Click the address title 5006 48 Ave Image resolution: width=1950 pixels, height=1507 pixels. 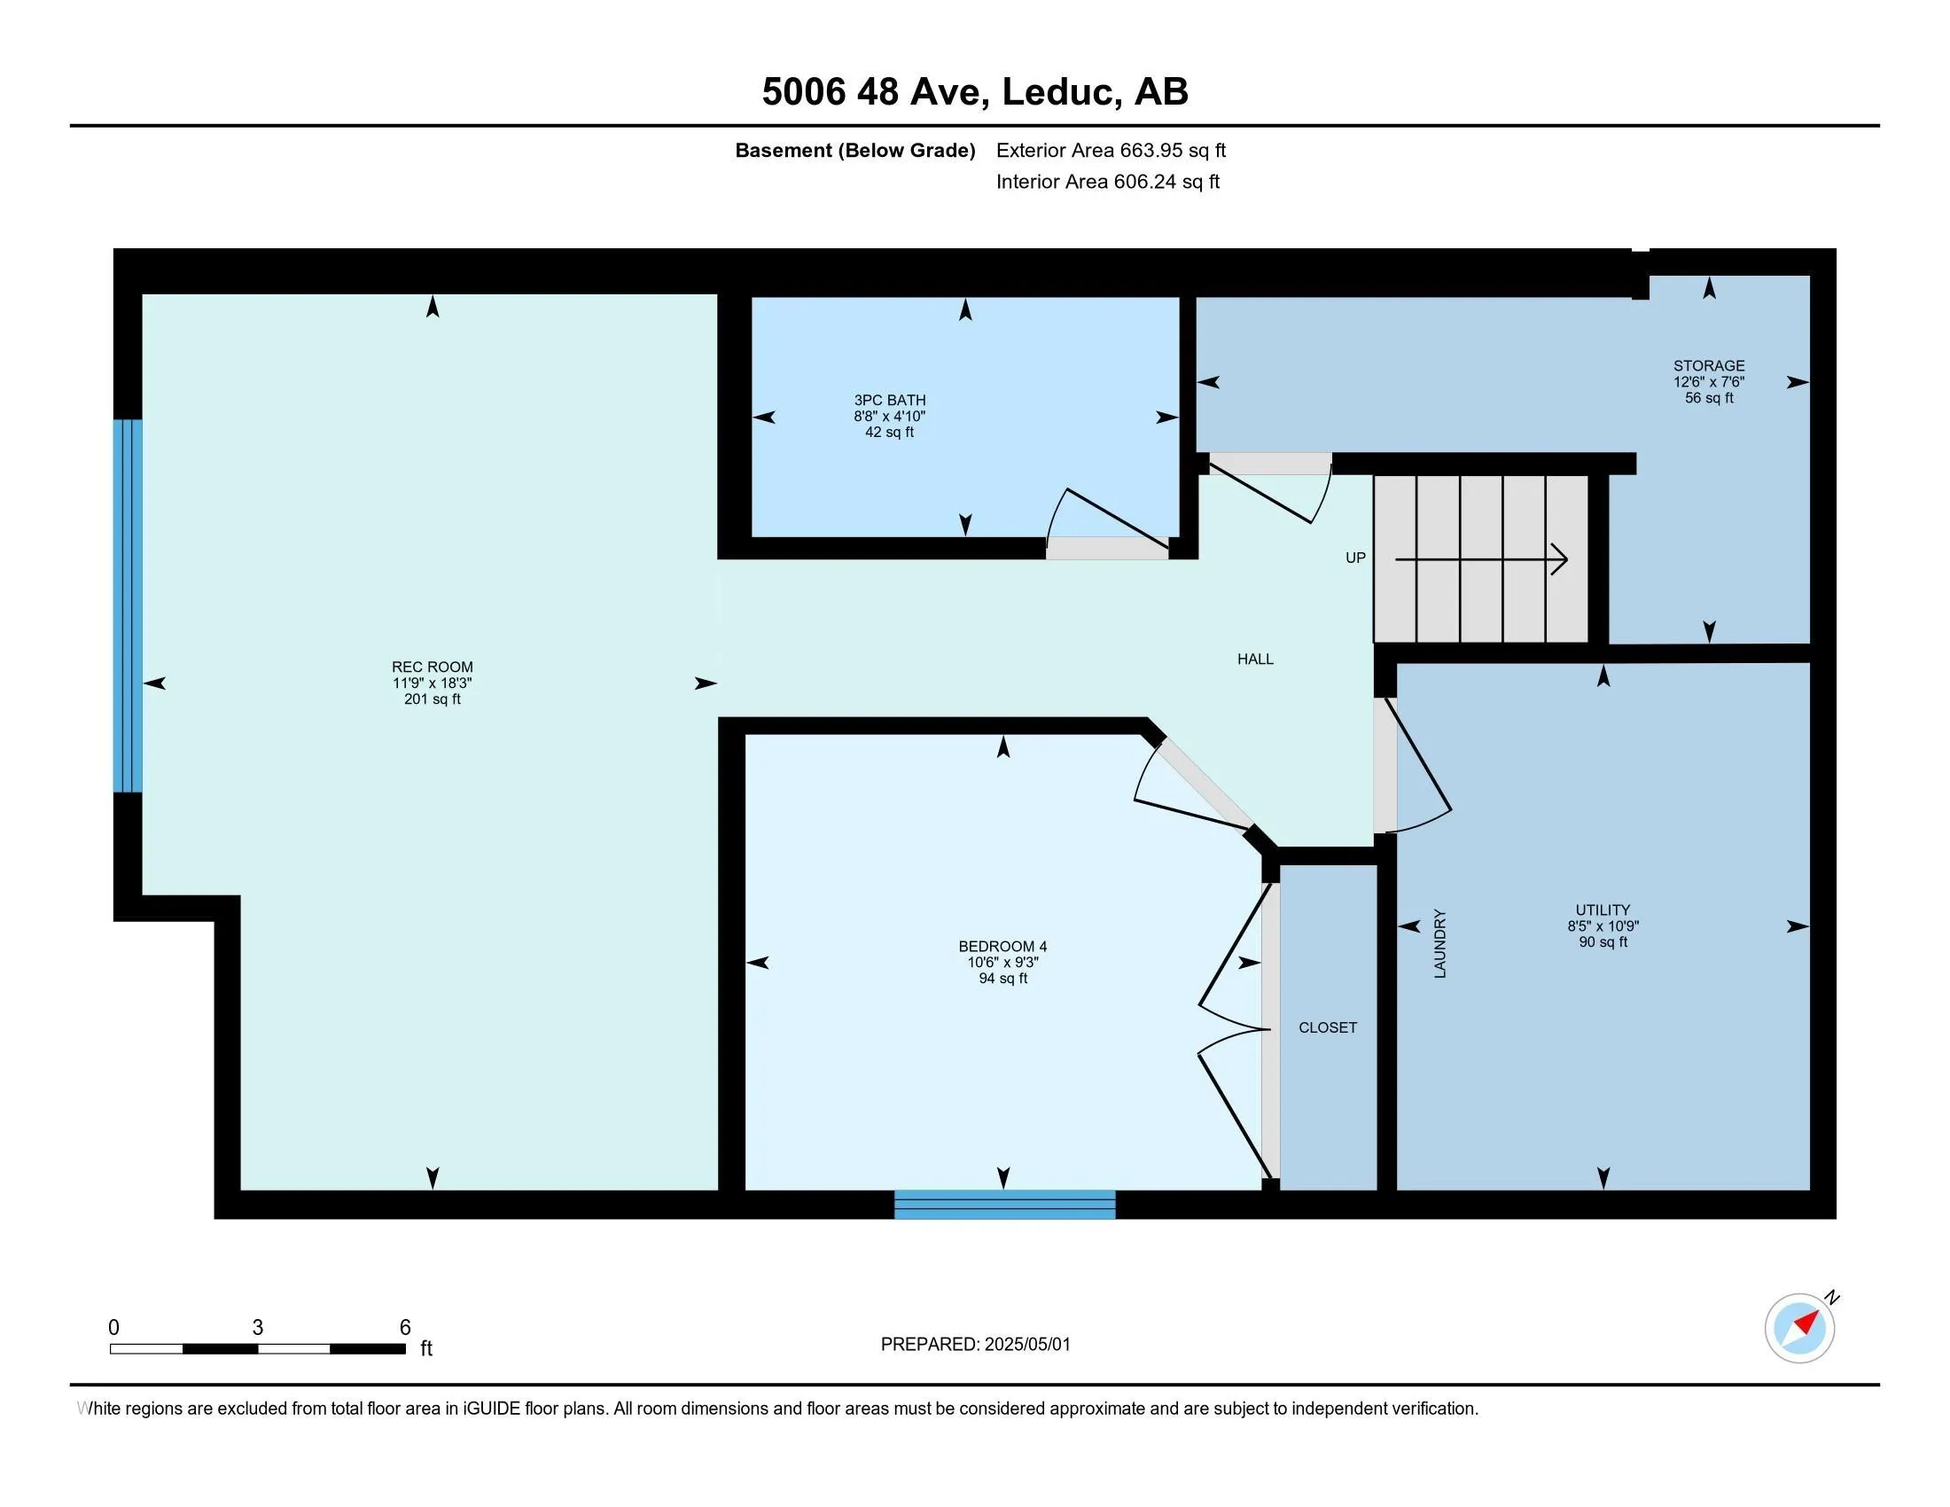(x=974, y=92)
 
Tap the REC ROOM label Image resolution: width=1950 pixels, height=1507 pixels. (x=433, y=667)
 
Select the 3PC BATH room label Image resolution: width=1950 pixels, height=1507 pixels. (x=889, y=400)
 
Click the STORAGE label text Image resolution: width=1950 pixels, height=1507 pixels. (x=1708, y=365)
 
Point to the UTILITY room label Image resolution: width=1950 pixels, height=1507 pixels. (x=1603, y=910)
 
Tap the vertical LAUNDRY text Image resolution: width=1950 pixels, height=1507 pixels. (x=1439, y=944)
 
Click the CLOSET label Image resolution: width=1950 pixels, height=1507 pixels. (x=1327, y=1027)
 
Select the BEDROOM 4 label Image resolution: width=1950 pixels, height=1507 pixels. (x=1002, y=947)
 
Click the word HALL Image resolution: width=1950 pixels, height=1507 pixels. (x=1254, y=659)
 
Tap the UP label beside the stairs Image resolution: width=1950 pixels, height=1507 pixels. (x=1354, y=558)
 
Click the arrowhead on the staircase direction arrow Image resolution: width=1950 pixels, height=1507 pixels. (x=1560, y=559)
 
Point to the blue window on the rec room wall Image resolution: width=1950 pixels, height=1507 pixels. (x=128, y=605)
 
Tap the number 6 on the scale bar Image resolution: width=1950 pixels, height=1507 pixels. (x=404, y=1328)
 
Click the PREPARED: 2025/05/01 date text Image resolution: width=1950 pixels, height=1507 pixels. (x=975, y=1345)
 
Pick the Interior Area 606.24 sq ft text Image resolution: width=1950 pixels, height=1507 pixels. (x=1107, y=182)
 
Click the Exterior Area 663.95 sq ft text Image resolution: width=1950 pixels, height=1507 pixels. (x=1111, y=151)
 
